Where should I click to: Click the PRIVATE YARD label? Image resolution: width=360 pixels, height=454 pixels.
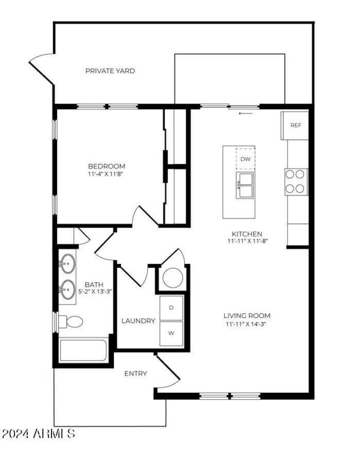pyautogui.click(x=110, y=71)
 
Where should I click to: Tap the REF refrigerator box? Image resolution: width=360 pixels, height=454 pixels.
pyautogui.click(x=295, y=125)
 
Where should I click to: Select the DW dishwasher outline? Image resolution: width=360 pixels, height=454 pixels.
pyautogui.click(x=245, y=159)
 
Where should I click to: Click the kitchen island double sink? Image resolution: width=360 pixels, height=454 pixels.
pyautogui.click(x=245, y=185)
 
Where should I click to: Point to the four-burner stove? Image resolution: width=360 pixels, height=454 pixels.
pyautogui.click(x=296, y=182)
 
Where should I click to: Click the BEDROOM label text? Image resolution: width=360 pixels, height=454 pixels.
pyautogui.click(x=107, y=166)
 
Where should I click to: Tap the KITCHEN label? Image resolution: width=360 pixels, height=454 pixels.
pyautogui.click(x=247, y=234)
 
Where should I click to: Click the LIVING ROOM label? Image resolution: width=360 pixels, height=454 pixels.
pyautogui.click(x=247, y=316)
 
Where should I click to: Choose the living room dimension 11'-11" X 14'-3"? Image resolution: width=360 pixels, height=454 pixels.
pyautogui.click(x=246, y=324)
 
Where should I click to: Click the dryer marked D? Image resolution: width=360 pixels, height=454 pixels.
pyautogui.click(x=171, y=308)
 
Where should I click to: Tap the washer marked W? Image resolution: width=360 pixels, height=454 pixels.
pyautogui.click(x=171, y=333)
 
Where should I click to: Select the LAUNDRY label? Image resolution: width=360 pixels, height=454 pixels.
pyautogui.click(x=138, y=321)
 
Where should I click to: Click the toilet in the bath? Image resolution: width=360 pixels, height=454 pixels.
pyautogui.click(x=71, y=322)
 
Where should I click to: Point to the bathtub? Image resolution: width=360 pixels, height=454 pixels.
pyautogui.click(x=83, y=350)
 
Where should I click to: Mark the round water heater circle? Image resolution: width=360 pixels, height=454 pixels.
pyautogui.click(x=173, y=278)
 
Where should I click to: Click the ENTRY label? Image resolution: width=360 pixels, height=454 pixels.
pyautogui.click(x=135, y=374)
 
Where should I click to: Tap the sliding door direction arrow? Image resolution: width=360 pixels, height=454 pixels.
pyautogui.click(x=246, y=113)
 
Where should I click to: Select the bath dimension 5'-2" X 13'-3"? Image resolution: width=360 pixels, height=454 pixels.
pyautogui.click(x=95, y=291)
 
